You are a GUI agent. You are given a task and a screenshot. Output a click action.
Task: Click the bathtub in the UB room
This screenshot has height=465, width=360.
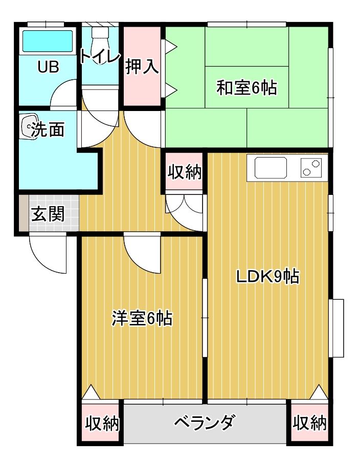click(x=48, y=40)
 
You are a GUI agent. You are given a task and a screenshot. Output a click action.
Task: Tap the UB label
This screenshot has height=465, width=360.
click(x=49, y=67)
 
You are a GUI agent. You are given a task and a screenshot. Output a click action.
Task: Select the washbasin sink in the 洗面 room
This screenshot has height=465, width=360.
click(x=30, y=126)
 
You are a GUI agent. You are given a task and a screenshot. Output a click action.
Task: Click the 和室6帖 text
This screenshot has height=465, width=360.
click(x=246, y=87)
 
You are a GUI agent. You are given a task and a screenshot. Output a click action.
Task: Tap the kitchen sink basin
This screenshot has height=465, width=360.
click(x=271, y=168)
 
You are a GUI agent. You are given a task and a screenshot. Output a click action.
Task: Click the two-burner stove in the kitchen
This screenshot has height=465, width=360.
click(x=311, y=168)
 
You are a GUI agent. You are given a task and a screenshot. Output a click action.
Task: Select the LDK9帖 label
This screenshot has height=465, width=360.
click(x=267, y=276)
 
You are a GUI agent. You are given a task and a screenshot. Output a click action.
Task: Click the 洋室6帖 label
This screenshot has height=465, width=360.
click(x=142, y=318)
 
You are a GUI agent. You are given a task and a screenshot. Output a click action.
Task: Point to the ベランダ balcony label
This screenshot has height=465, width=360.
click(x=205, y=423)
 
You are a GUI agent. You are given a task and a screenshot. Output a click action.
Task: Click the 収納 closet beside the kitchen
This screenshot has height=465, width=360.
click(x=185, y=172)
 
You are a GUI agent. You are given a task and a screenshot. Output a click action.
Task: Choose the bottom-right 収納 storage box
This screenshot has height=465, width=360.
click(x=309, y=423)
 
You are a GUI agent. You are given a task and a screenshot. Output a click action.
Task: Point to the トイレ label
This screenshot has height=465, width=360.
click(x=101, y=56)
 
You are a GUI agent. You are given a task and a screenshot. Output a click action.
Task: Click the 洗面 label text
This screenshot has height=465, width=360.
click(x=48, y=129)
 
